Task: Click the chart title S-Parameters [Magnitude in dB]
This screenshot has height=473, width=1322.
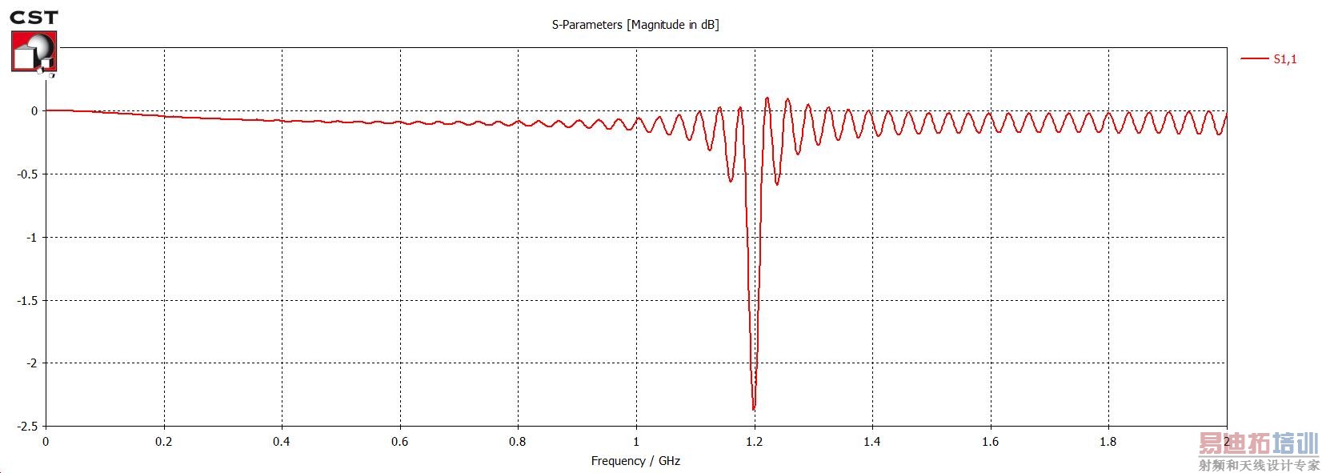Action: (x=635, y=25)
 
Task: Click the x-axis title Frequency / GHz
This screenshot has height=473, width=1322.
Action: (x=635, y=461)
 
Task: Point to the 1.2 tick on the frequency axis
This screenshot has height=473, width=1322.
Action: (x=754, y=442)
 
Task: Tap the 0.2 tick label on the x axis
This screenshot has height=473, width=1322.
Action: (x=164, y=442)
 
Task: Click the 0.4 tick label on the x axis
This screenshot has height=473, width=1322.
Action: (x=282, y=442)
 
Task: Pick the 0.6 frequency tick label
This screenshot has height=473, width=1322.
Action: (x=400, y=442)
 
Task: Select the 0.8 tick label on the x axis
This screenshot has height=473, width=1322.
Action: (x=518, y=442)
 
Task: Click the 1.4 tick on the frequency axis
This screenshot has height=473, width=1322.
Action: (x=872, y=442)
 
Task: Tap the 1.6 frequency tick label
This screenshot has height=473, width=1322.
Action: (x=991, y=442)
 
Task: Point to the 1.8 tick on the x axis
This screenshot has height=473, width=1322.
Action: (x=1108, y=442)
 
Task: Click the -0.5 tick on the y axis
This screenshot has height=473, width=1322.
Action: (x=28, y=174)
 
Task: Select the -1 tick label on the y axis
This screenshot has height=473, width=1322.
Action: (x=32, y=238)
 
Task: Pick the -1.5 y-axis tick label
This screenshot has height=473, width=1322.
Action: (x=28, y=300)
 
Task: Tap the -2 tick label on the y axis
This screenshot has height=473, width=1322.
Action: (x=32, y=363)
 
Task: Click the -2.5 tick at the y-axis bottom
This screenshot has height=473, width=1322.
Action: (x=28, y=426)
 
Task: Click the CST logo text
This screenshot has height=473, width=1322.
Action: (x=34, y=18)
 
